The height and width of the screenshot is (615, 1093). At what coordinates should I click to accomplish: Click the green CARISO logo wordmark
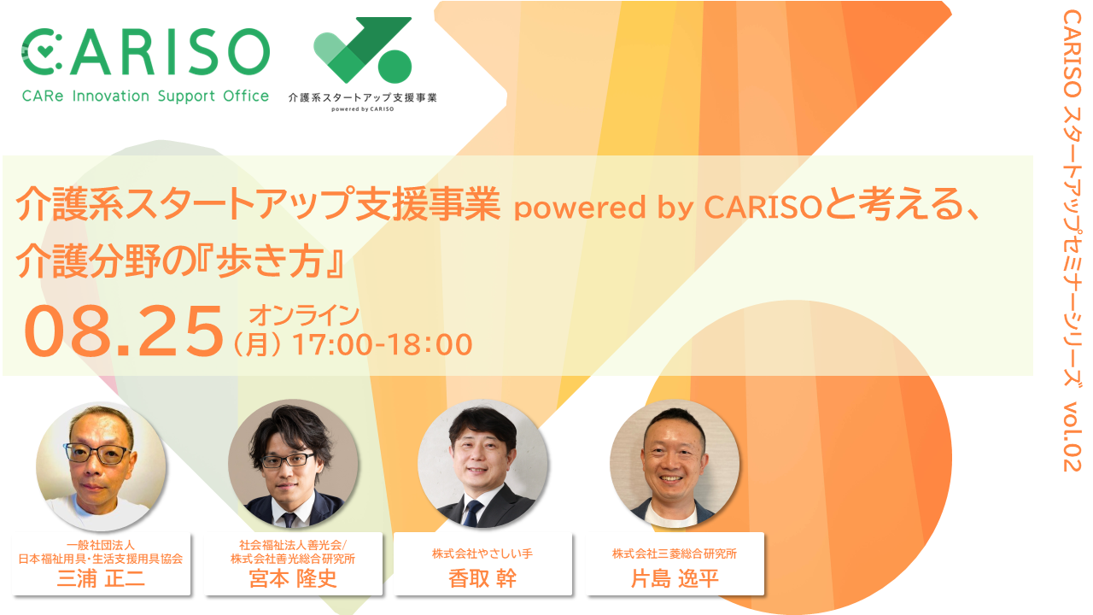[145, 52]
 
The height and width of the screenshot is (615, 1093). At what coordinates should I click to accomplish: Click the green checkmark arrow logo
[363, 50]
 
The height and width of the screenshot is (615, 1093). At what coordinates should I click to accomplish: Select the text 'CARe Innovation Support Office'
[145, 97]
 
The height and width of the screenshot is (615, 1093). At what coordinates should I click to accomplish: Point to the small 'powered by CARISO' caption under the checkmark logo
[363, 109]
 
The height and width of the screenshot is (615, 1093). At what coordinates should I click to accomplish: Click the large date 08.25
[123, 331]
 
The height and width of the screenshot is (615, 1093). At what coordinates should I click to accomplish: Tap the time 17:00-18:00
[382, 344]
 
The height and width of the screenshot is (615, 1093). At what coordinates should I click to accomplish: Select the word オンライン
[305, 315]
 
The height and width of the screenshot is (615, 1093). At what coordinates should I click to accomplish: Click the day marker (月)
[258, 344]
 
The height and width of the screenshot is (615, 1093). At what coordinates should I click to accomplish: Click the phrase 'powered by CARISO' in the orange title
[669, 207]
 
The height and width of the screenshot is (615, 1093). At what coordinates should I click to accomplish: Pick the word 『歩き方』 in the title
[270, 261]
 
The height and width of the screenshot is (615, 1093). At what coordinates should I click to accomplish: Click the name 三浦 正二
[101, 579]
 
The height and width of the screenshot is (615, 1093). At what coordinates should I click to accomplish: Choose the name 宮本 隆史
[293, 579]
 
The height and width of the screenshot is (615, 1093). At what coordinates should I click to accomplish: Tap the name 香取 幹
[482, 579]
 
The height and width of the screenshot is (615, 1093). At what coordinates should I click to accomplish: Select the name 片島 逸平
[675, 579]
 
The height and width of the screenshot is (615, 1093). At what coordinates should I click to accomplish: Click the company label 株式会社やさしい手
[482, 553]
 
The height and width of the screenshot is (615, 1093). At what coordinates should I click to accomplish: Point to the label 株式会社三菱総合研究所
[675, 553]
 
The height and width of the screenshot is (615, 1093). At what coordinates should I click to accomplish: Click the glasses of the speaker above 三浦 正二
[97, 454]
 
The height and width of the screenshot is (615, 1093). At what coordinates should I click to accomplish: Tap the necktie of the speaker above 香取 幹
[472, 513]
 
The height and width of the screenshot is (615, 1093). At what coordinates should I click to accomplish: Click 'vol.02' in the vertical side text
[1073, 436]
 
